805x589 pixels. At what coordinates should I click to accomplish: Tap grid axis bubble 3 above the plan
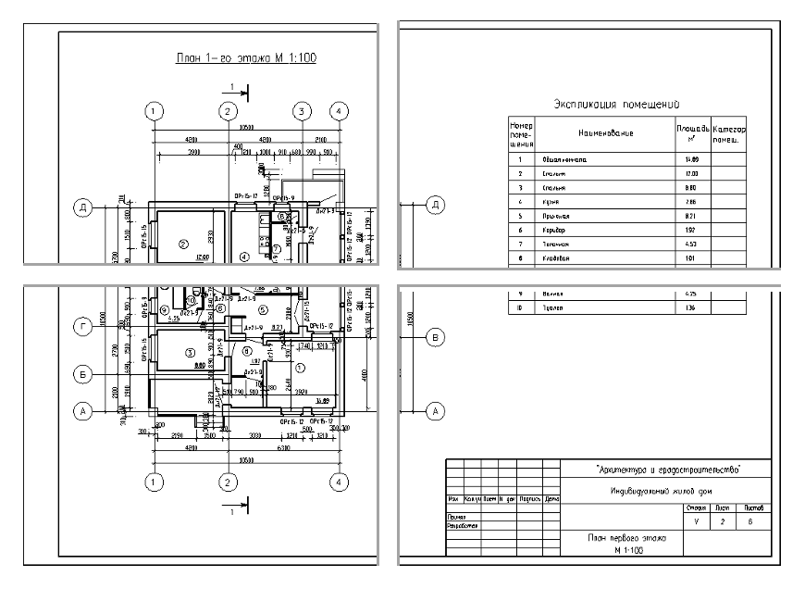click(x=301, y=111)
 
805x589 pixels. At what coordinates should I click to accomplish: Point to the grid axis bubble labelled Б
click(x=83, y=374)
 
